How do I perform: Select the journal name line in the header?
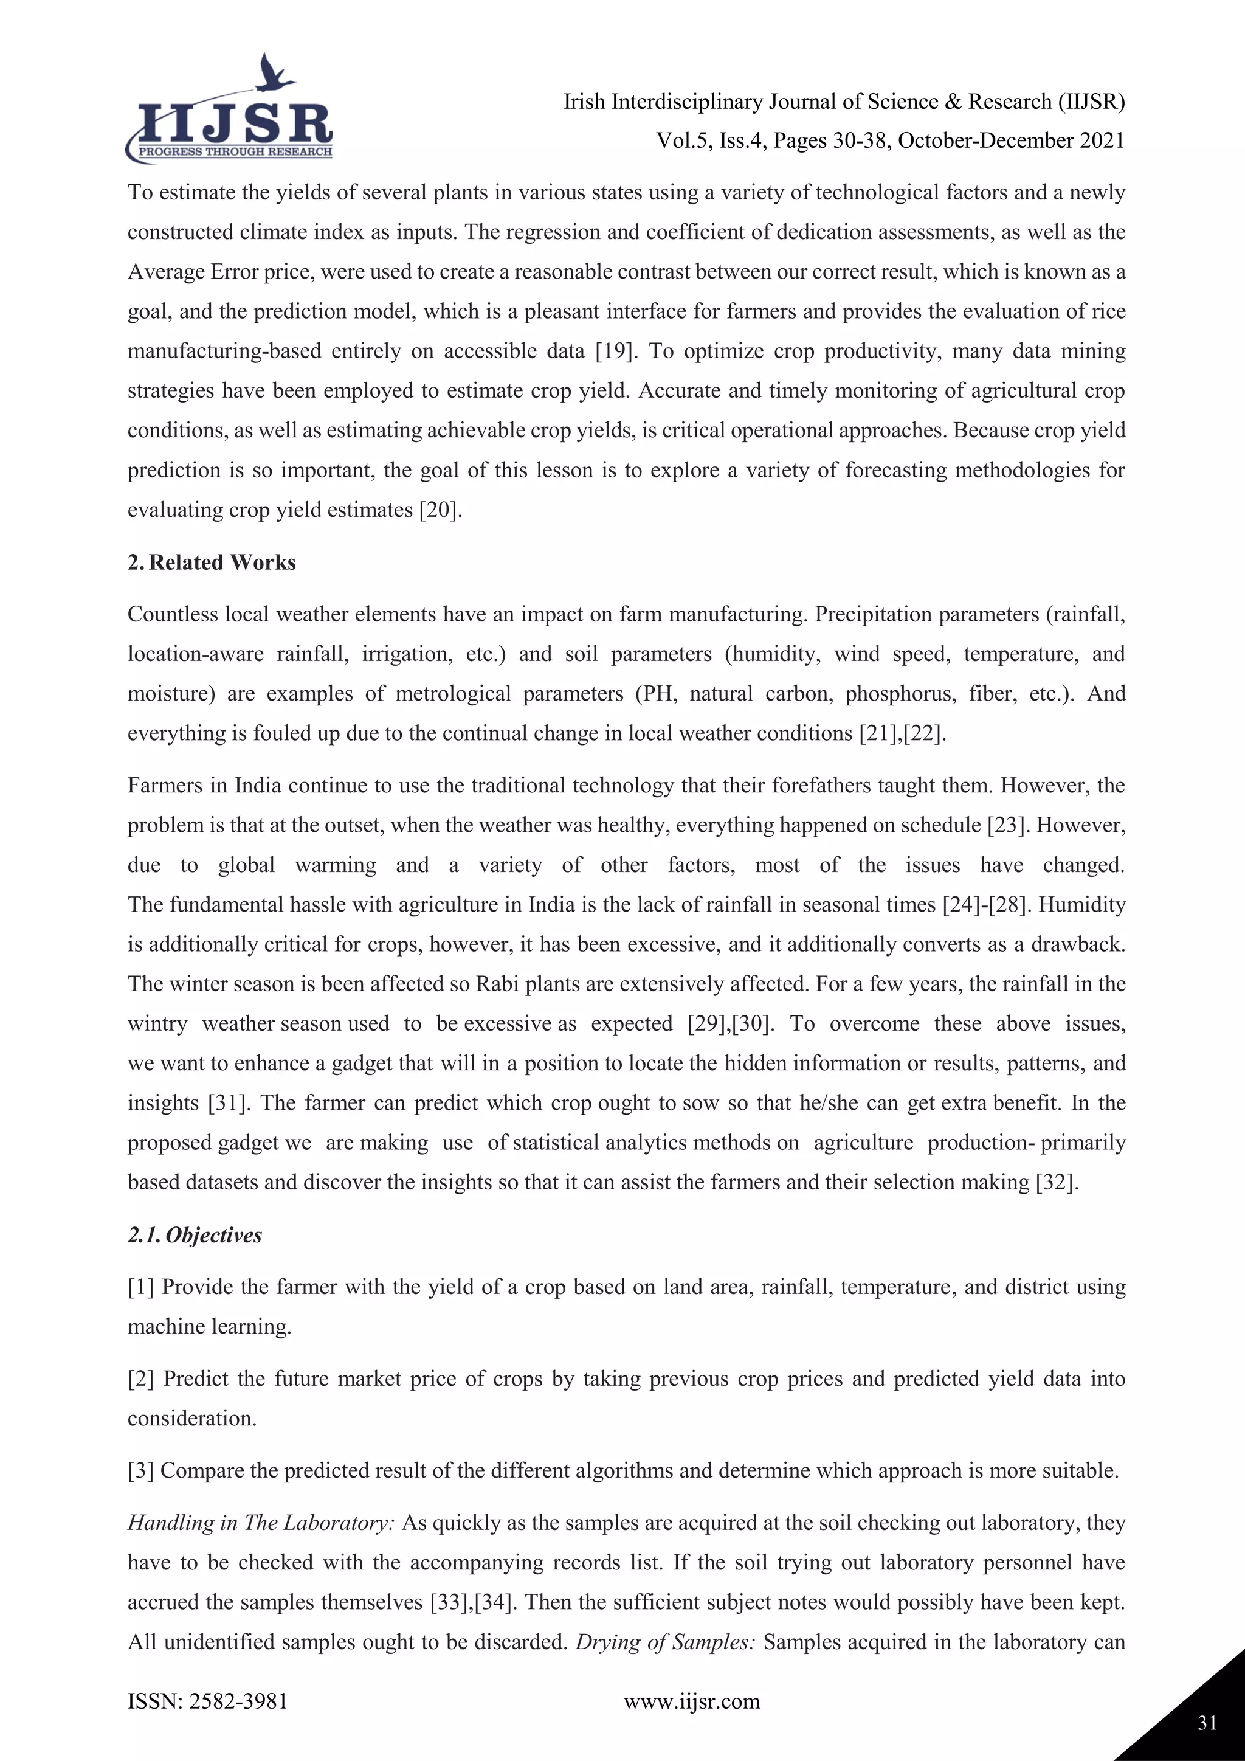pos(844,102)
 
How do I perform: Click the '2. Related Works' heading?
pos(212,562)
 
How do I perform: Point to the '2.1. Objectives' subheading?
pos(195,1235)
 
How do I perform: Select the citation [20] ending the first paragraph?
pos(440,510)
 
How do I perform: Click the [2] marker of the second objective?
pos(141,1379)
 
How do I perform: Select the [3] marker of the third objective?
pos(141,1470)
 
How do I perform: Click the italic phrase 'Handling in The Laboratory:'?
pos(261,1523)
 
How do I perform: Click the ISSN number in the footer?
pos(208,1701)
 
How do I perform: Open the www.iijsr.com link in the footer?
pos(691,1701)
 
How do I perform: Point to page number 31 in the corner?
pos(1207,1723)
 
